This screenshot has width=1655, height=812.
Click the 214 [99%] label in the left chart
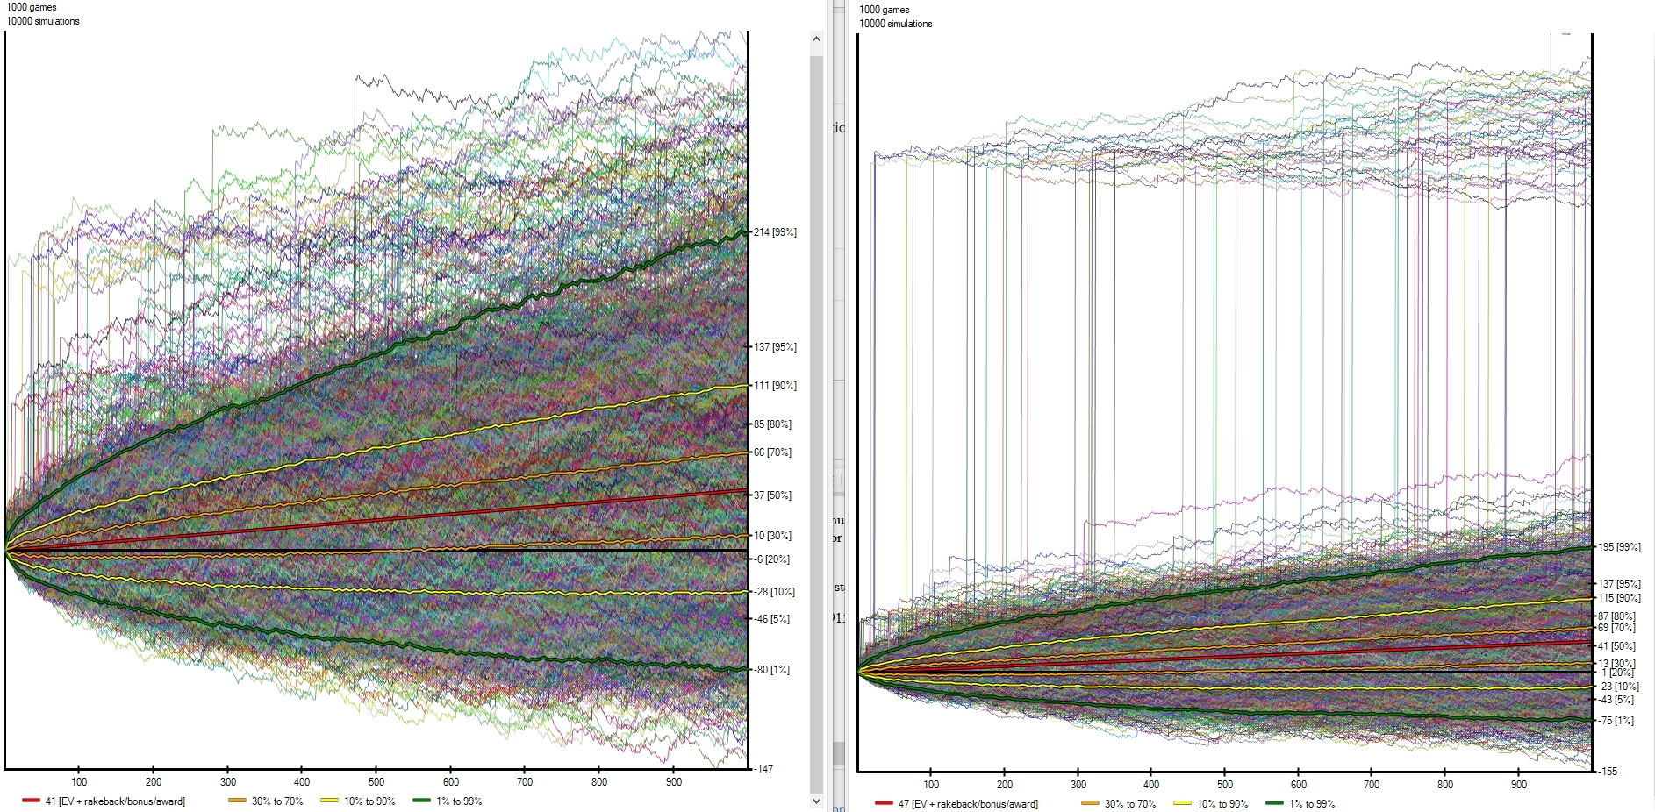774,232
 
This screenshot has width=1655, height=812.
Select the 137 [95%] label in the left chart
774,347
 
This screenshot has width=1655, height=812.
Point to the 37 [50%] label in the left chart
772,495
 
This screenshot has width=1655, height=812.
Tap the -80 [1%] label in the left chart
771,670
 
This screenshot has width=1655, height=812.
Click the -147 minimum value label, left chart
763,769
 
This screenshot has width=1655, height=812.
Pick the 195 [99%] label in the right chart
1619,547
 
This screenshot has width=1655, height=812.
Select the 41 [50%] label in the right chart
1616,646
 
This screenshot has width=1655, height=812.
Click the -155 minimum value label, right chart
1608,772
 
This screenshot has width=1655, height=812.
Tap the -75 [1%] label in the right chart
1616,721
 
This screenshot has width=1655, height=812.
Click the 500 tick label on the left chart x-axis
376,782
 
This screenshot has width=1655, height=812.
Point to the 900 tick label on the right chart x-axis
1519,785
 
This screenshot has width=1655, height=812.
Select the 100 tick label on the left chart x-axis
79,782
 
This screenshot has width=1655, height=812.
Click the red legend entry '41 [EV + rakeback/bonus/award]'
114,801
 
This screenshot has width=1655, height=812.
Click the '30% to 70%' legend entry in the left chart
276,801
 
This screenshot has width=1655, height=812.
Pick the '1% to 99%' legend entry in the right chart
1311,804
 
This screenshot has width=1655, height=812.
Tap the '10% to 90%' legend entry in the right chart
1222,804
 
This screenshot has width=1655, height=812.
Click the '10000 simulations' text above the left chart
43,21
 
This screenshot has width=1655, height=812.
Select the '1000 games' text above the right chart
885,10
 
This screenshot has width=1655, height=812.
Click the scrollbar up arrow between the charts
816,39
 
